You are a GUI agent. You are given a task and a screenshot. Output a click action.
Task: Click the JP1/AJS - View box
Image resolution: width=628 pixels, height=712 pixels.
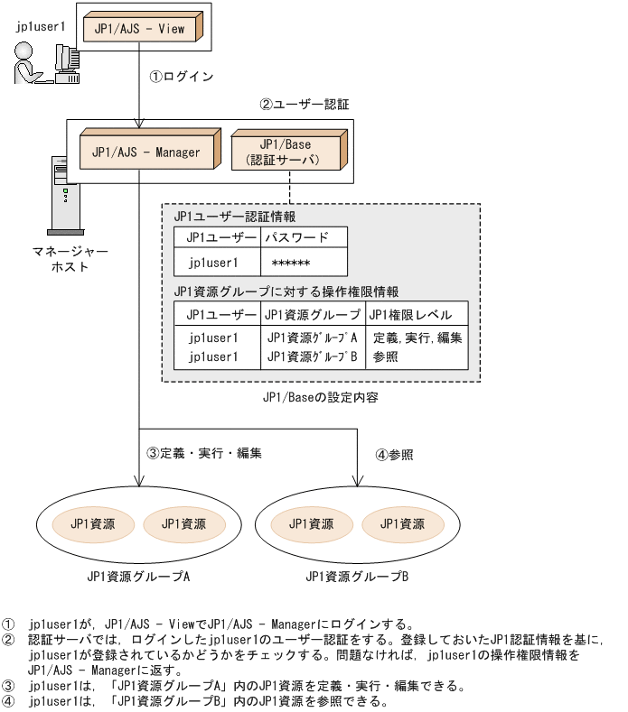(x=139, y=28)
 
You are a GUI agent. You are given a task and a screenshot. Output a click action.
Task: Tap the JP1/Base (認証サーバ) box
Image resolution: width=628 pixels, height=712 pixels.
(x=288, y=152)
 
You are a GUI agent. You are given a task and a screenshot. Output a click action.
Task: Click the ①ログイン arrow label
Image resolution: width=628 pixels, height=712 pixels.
(x=181, y=77)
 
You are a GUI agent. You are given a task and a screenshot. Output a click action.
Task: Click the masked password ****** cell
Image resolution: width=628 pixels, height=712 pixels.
(x=291, y=264)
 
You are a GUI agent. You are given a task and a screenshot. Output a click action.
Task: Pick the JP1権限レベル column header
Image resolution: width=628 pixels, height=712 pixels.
(x=417, y=314)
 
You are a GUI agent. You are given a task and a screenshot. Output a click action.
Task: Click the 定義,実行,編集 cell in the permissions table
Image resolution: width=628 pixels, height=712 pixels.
(x=417, y=338)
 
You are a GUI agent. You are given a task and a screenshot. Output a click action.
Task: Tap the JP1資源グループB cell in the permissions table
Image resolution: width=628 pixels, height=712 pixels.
(x=312, y=356)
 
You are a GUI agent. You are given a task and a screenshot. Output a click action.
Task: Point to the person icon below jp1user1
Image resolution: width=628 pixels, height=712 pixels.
(x=24, y=64)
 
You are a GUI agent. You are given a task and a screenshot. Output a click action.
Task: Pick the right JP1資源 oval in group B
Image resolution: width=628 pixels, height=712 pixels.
(x=402, y=523)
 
